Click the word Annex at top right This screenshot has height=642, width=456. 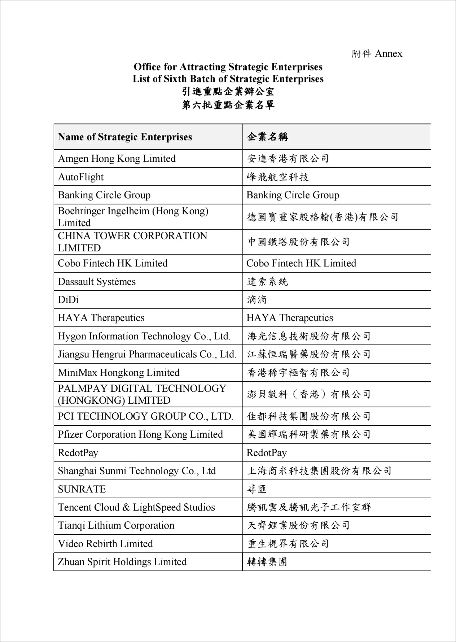pos(389,54)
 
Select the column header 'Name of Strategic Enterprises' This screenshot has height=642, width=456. pos(125,137)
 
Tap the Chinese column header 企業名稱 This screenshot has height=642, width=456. pos(267,137)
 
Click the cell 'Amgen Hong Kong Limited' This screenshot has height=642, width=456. pos(117,159)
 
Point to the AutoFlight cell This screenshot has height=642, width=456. pos(81,177)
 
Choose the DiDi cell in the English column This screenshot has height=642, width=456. pos(68,300)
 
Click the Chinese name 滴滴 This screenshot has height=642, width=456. pos(257,300)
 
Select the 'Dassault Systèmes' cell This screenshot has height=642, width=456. pos(97,282)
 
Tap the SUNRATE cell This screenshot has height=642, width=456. pos(82,489)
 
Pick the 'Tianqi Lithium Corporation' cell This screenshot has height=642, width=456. pos(116,525)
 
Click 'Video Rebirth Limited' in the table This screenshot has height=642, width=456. pos(105,544)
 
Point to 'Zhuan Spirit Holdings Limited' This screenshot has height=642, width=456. pos(122,562)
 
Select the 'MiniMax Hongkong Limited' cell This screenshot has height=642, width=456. pos(119,373)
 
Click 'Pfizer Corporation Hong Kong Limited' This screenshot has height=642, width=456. pos(140,434)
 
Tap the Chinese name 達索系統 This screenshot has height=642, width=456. pos(267,282)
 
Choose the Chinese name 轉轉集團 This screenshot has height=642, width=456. pos(267,562)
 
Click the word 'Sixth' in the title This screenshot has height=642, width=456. pos(175,79)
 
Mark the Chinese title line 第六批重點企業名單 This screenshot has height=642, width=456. pos(228,105)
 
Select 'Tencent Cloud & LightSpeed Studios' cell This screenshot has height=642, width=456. pos(136,507)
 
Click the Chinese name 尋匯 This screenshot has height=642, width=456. pos(257,489)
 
